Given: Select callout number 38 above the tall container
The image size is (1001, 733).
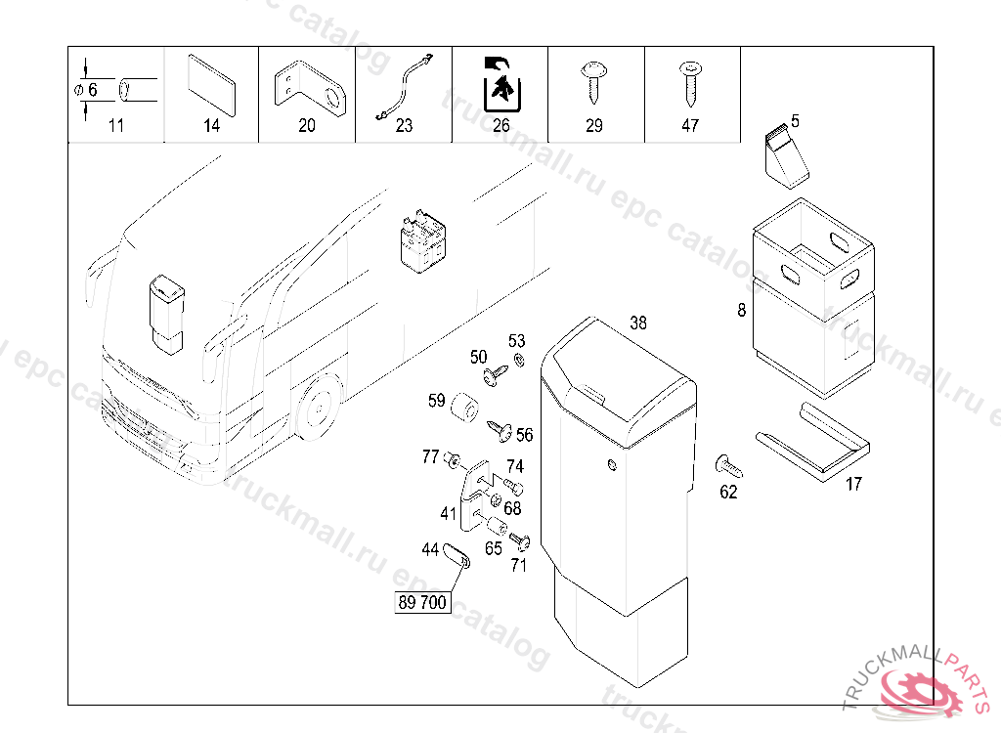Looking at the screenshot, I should (638, 323).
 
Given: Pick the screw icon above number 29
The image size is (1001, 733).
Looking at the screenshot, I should (593, 82).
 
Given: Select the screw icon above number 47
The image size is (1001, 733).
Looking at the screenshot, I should (690, 82).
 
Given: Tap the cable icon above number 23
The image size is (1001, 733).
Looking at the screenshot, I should (403, 87).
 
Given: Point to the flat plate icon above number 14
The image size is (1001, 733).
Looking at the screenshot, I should (211, 85).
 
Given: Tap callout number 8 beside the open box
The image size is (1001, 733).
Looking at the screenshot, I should (742, 312).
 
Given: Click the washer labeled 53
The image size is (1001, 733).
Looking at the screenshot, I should (519, 361).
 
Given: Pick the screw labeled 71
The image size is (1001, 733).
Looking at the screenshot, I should (519, 541).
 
